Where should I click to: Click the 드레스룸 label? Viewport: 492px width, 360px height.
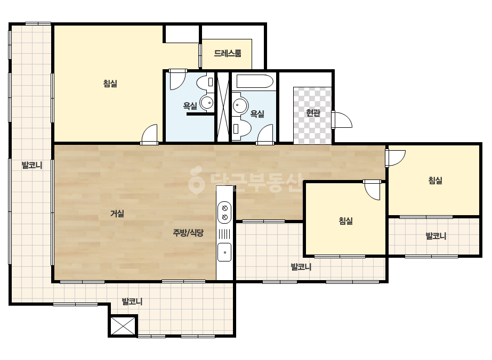pos(228,53)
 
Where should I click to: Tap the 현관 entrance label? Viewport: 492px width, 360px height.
pos(313,113)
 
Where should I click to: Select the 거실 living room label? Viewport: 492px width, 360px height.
pos(117,214)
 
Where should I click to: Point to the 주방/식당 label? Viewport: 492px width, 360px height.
pos(188,233)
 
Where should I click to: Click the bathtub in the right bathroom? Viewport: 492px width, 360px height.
pos(255,81)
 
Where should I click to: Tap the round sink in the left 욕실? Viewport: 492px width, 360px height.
pos(206,102)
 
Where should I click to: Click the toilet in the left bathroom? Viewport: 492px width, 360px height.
pos(205,82)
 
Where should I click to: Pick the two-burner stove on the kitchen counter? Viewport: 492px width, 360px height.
pos(224,212)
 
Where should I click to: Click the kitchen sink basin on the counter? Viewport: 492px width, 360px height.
pos(224,252)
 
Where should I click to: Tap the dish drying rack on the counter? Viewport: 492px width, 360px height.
pos(224,234)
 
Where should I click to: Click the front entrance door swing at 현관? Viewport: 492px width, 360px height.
pos(342,119)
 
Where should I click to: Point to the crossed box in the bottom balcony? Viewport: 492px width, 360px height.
pos(124,326)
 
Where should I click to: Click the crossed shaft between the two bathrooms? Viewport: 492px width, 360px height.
pos(224,107)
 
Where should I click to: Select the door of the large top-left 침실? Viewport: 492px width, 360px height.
pos(149,134)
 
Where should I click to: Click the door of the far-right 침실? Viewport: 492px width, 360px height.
pos(396,158)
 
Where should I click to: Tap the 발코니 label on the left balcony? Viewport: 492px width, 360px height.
pos(31,165)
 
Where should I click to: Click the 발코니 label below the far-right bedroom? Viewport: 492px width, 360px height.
pos(436,236)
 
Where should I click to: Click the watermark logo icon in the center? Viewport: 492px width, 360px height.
pos(196,180)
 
